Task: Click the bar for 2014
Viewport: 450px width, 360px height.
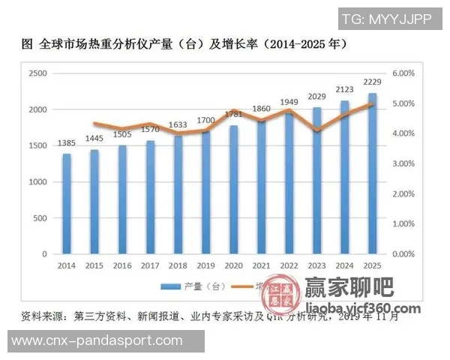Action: tap(67, 203)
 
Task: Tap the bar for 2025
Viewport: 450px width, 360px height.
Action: tap(372, 173)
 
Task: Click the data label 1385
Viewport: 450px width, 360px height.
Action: tap(67, 142)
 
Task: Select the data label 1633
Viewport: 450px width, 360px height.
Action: tap(178, 125)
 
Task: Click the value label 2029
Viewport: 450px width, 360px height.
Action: tap(317, 96)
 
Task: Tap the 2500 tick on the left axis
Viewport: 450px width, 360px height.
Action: tap(37, 73)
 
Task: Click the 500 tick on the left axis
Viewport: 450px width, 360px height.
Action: tap(40, 218)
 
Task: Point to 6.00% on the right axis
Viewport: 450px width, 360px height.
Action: tap(403, 73)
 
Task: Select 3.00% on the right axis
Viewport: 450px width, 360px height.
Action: tap(403, 163)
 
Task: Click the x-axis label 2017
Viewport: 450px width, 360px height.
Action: tap(150, 266)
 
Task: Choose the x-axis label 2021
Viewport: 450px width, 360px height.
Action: tap(261, 266)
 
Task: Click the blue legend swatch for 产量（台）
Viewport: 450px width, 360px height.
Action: tap(169, 286)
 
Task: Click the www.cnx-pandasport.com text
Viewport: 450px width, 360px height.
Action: tap(97, 340)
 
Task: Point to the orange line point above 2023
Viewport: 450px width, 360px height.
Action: tap(317, 131)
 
